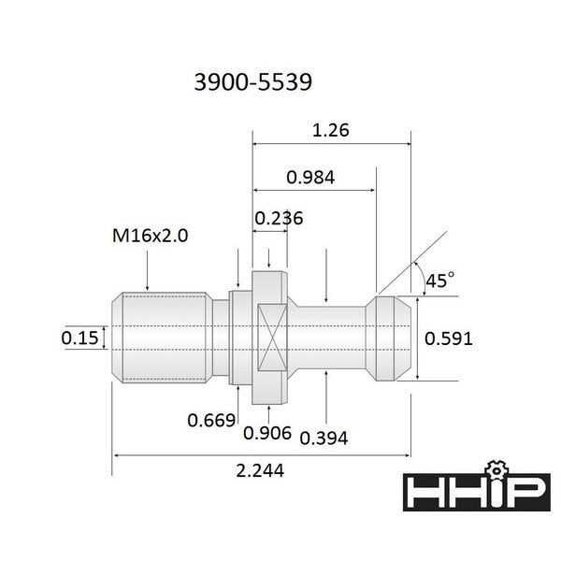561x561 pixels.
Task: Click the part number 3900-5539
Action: (252, 81)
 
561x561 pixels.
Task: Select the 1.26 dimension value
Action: (331, 131)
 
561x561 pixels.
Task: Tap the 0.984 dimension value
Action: (311, 177)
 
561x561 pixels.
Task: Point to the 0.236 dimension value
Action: (278, 218)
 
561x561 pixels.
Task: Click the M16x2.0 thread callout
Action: (149, 237)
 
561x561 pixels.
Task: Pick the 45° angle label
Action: (439, 280)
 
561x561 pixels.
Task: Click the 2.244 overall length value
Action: (260, 471)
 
